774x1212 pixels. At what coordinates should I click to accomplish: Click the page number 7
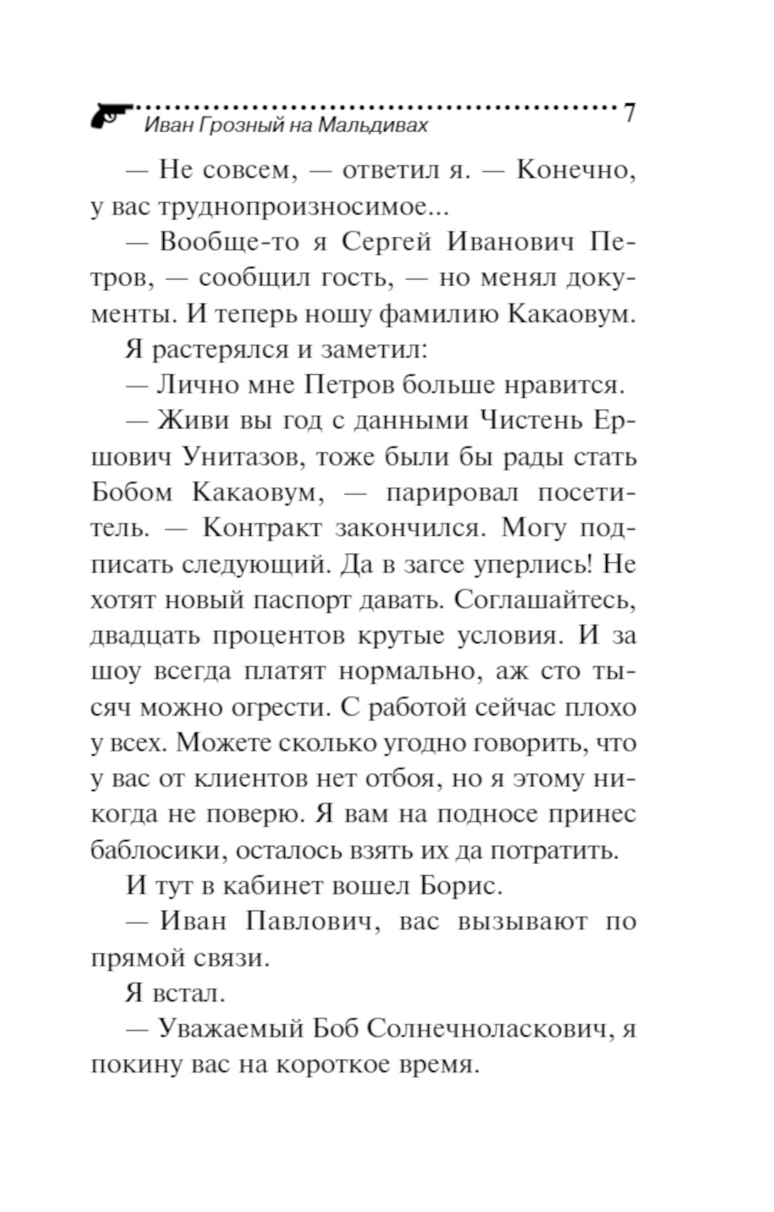click(x=628, y=113)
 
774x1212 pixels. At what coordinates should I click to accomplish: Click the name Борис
click(x=456, y=886)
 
